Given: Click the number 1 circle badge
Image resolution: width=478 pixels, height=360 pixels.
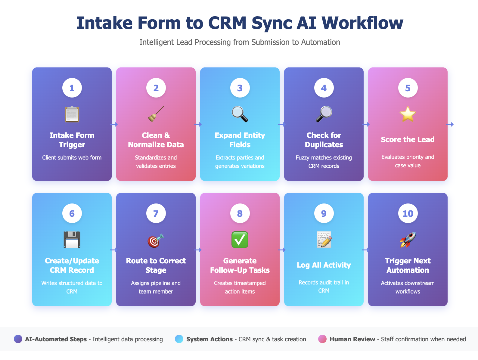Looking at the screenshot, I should pyautogui.click(x=72, y=88).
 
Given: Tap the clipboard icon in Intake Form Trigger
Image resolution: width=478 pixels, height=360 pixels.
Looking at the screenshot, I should pyautogui.click(x=72, y=114).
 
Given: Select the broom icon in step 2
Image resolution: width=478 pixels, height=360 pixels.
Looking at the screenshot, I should pyautogui.click(x=156, y=114).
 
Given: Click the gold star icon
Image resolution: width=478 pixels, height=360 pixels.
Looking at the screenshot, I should pyautogui.click(x=408, y=114).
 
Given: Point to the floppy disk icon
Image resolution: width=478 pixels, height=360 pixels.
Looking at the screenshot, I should pyautogui.click(x=72, y=240).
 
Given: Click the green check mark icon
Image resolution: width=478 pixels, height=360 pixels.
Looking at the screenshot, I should pyautogui.click(x=240, y=240).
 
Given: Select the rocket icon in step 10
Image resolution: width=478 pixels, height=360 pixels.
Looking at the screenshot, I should pyautogui.click(x=408, y=240).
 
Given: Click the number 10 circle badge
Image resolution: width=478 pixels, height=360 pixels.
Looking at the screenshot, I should pyautogui.click(x=408, y=213).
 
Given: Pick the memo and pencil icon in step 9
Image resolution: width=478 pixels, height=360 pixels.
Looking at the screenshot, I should pyautogui.click(x=324, y=240).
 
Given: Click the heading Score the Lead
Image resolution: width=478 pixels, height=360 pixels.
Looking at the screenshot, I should pyautogui.click(x=408, y=140).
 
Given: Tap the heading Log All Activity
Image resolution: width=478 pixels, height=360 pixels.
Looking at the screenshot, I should pyautogui.click(x=324, y=265).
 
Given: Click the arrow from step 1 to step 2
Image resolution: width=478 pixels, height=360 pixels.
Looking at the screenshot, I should pyautogui.click(x=114, y=124).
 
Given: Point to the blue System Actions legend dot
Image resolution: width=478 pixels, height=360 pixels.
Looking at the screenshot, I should pyautogui.click(x=179, y=339).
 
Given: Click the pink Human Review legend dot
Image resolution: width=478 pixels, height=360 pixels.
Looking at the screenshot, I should pyautogui.click(x=322, y=339).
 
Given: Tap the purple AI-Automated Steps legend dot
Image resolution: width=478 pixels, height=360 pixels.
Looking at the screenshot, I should pyautogui.click(x=18, y=339).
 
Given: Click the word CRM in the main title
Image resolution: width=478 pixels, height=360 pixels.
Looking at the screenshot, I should pyautogui.click(x=227, y=23).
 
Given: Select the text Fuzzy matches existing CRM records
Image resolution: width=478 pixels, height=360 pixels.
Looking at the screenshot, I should pyautogui.click(x=324, y=162).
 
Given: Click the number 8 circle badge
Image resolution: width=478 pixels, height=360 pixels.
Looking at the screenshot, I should pyautogui.click(x=240, y=213).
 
